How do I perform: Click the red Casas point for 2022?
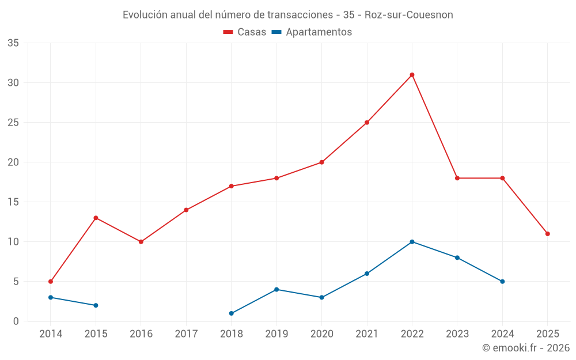[412, 75]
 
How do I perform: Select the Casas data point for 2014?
[51, 282]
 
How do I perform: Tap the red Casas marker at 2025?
[547, 234]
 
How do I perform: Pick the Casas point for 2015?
[96, 218]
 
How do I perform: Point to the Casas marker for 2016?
[141, 242]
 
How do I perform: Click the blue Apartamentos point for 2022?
[412, 242]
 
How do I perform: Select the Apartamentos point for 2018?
[232, 313]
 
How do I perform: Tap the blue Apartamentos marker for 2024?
[502, 282]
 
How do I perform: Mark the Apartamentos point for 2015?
[96, 305]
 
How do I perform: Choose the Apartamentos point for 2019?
[276, 289]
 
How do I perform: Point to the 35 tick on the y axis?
[13, 43]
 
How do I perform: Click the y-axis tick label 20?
[13, 162]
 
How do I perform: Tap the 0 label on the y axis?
[16, 321]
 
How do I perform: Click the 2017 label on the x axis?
[186, 334]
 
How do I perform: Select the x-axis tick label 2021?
[367, 334]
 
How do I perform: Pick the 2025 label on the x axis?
[547, 334]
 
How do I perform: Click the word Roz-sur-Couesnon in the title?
[409, 15]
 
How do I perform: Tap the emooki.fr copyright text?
[525, 348]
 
